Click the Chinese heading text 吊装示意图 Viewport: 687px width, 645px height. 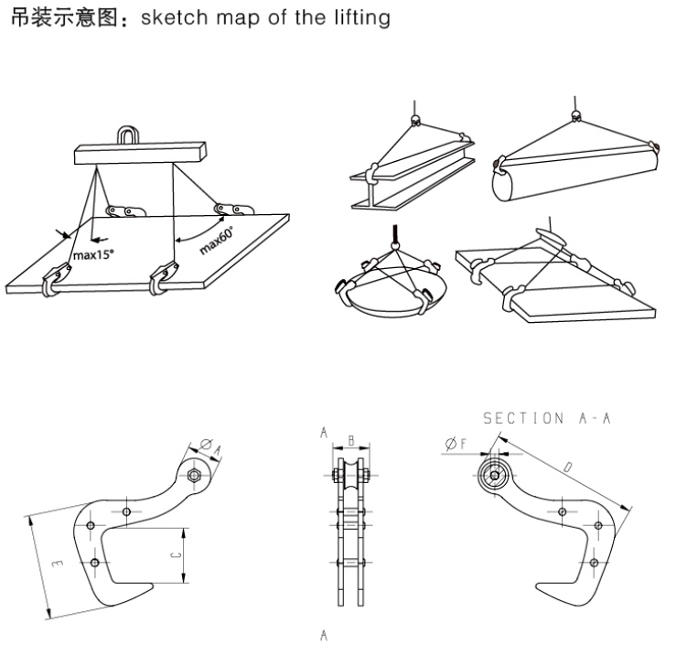70,17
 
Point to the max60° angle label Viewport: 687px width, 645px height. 217,240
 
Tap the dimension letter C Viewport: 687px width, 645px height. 177,554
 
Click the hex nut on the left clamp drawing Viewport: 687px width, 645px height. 194,476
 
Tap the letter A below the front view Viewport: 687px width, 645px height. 325,633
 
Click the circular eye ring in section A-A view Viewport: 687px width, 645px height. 495,475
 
